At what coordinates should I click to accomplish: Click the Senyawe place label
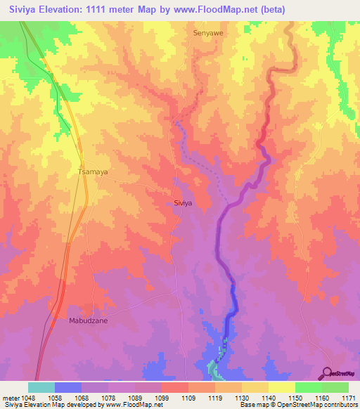coord(207,32)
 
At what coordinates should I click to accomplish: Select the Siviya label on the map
coord(183,202)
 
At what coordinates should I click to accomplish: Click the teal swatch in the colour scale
coord(41,387)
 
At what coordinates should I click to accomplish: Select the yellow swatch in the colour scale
coord(281,387)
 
